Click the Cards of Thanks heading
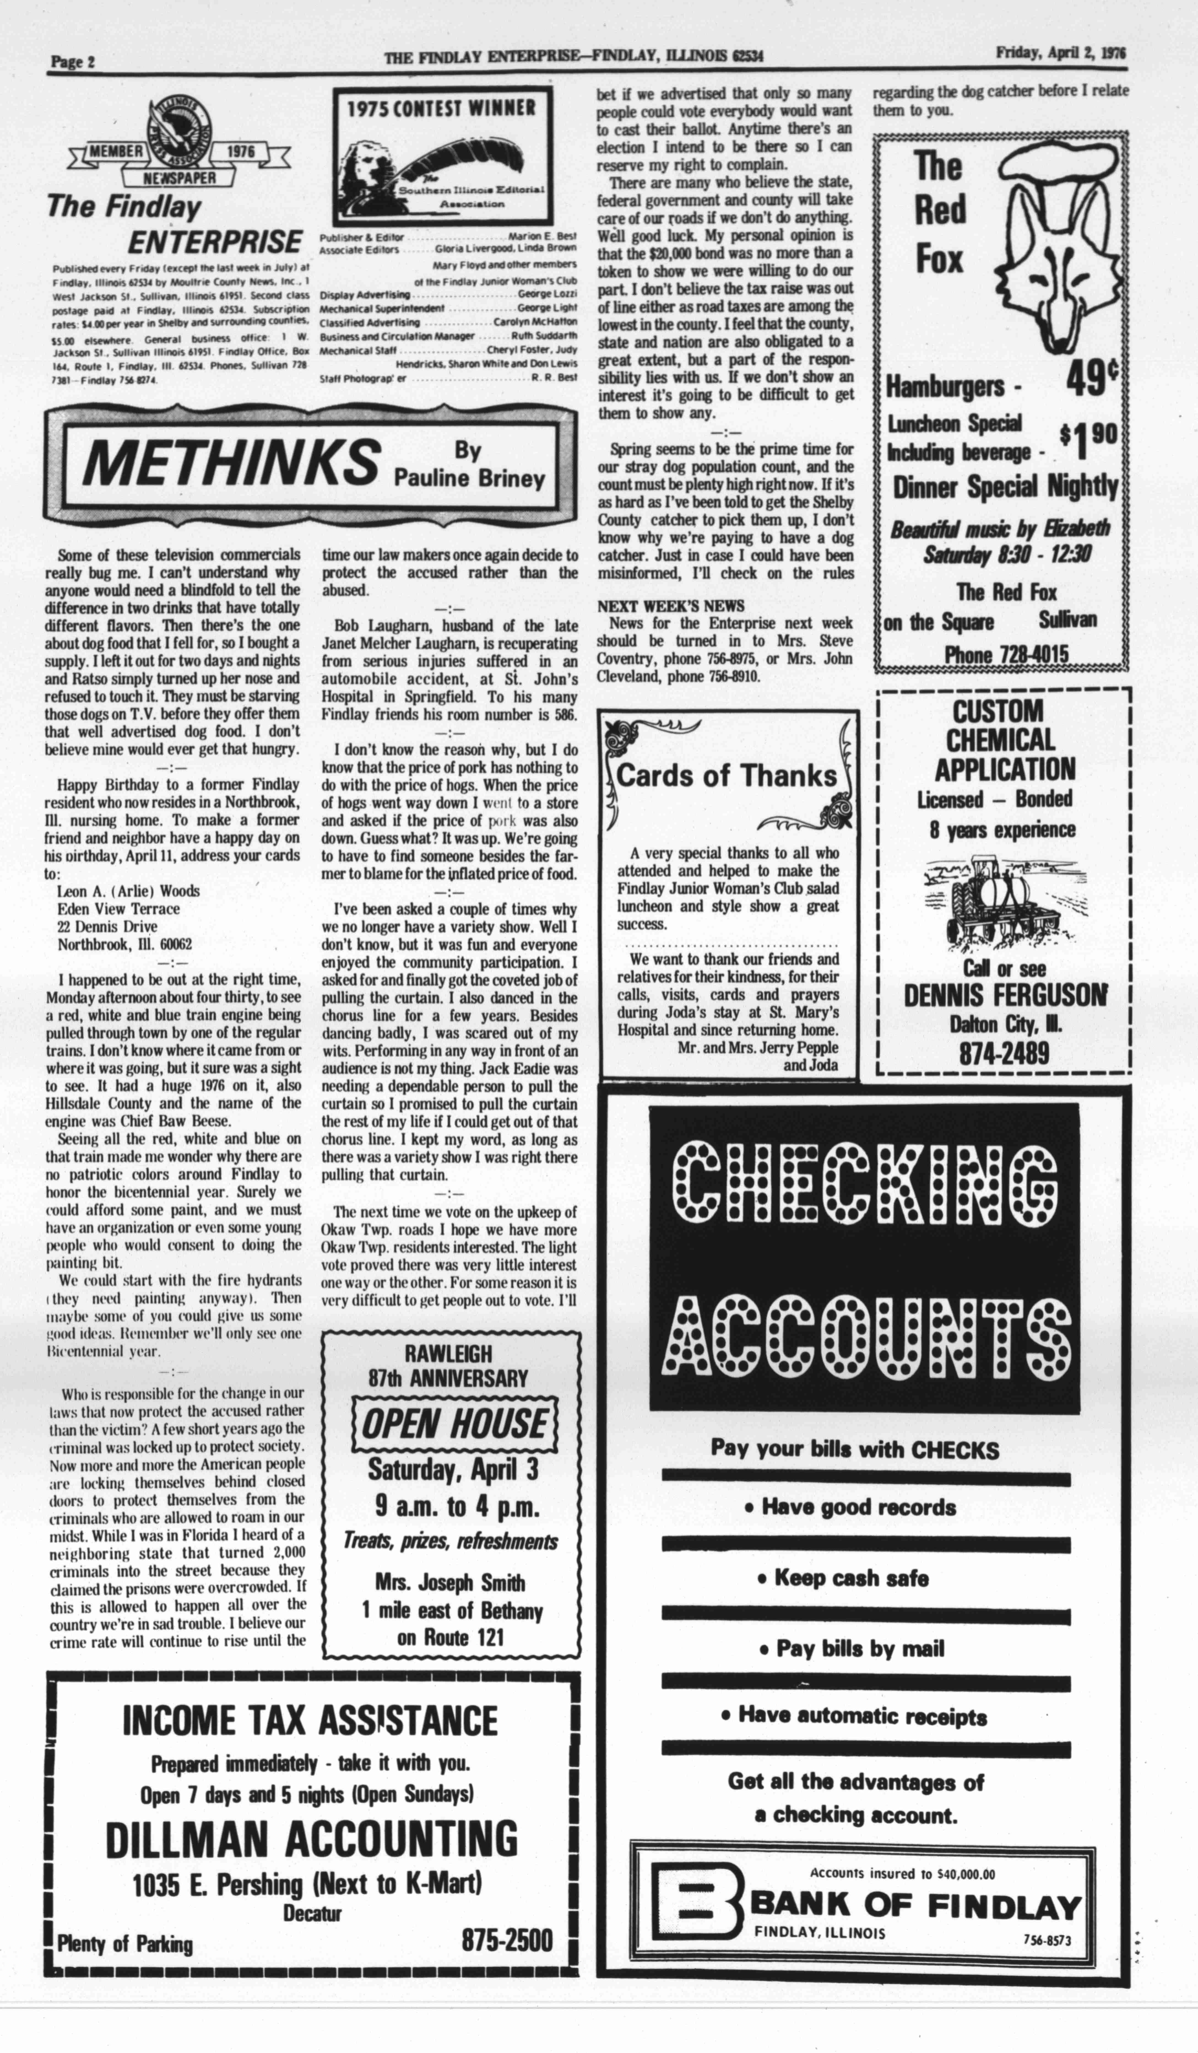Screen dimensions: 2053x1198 coord(727,775)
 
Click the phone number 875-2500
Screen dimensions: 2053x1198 coord(506,1939)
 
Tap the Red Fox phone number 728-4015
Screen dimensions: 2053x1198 coord(1006,655)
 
